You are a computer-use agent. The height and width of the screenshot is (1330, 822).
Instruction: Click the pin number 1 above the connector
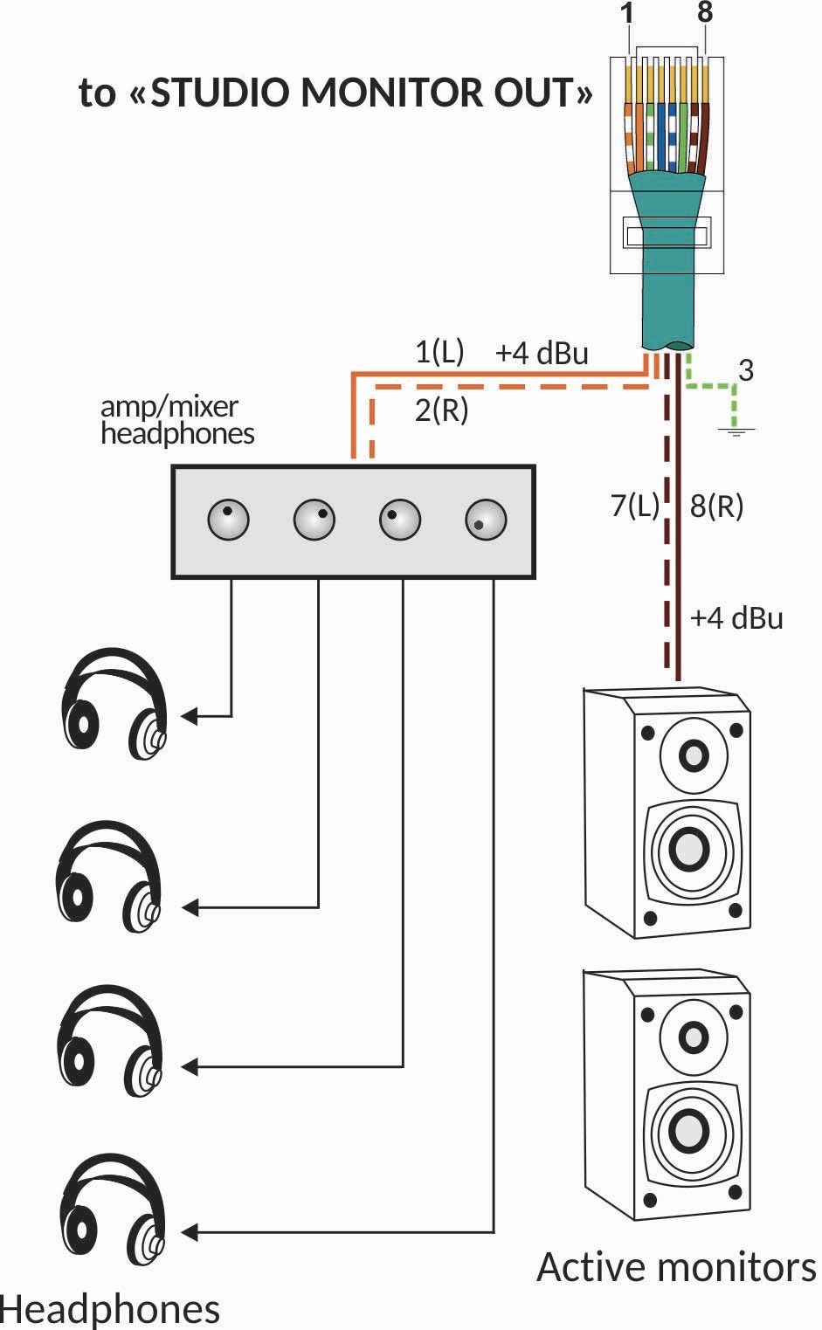tap(627, 14)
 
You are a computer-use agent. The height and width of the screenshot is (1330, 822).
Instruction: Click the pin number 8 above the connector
tap(705, 13)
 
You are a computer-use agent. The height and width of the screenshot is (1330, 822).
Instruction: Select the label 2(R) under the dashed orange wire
tap(441, 409)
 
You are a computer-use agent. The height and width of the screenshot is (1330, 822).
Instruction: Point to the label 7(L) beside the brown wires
tap(634, 505)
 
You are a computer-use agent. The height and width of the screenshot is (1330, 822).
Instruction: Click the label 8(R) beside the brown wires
tap(716, 505)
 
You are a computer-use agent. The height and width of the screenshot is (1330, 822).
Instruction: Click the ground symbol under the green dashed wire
tap(736, 429)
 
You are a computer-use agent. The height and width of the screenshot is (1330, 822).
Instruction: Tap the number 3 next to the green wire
tap(745, 370)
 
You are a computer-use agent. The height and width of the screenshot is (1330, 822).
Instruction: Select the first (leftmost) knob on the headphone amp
tap(229, 520)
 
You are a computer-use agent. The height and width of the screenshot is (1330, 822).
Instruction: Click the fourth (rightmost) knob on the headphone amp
tap(486, 520)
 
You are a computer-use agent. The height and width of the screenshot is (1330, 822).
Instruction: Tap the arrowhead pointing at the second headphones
tap(189, 908)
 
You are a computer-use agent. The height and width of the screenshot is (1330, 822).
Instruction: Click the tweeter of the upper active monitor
tap(693, 754)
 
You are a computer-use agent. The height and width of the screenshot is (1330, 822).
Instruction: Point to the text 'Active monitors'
tap(676, 1267)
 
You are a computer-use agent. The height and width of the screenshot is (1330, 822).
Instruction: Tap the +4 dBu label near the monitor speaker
tap(736, 618)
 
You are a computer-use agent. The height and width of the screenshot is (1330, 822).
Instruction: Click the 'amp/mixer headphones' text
tap(176, 420)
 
